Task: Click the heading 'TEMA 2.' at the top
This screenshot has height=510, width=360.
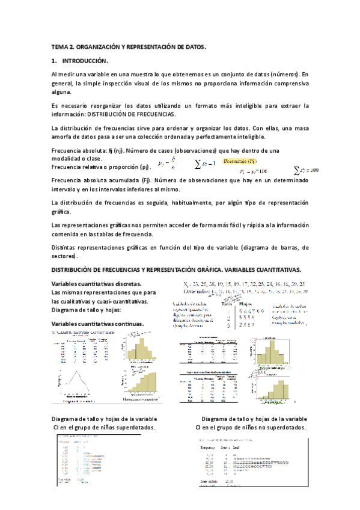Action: click(x=64, y=46)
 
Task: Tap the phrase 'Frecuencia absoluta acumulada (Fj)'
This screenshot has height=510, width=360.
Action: click(x=98, y=180)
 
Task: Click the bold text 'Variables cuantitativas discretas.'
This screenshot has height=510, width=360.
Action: click(x=97, y=283)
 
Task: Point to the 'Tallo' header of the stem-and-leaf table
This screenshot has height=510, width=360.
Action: click(x=227, y=303)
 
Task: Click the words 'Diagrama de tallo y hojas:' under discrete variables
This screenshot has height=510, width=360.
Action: click(x=87, y=310)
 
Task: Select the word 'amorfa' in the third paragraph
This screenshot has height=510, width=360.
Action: click(x=63, y=137)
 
